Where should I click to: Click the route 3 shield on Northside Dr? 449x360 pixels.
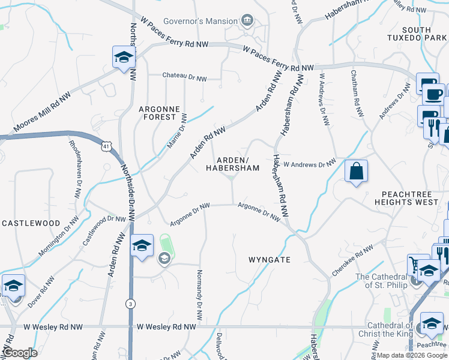pos(130,304)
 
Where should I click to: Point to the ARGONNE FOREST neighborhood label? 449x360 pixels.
pos(159,113)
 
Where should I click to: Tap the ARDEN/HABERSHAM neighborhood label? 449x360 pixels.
pos(233,164)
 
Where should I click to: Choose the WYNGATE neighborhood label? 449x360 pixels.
pos(270,260)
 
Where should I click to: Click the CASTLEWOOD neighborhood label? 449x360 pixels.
pos(31,223)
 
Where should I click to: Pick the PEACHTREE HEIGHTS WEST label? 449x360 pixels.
pos(415,199)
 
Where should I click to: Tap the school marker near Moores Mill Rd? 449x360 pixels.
pos(124,58)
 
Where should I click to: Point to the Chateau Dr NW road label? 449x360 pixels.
pos(185,78)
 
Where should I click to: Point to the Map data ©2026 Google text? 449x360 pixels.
pos(411,355)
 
